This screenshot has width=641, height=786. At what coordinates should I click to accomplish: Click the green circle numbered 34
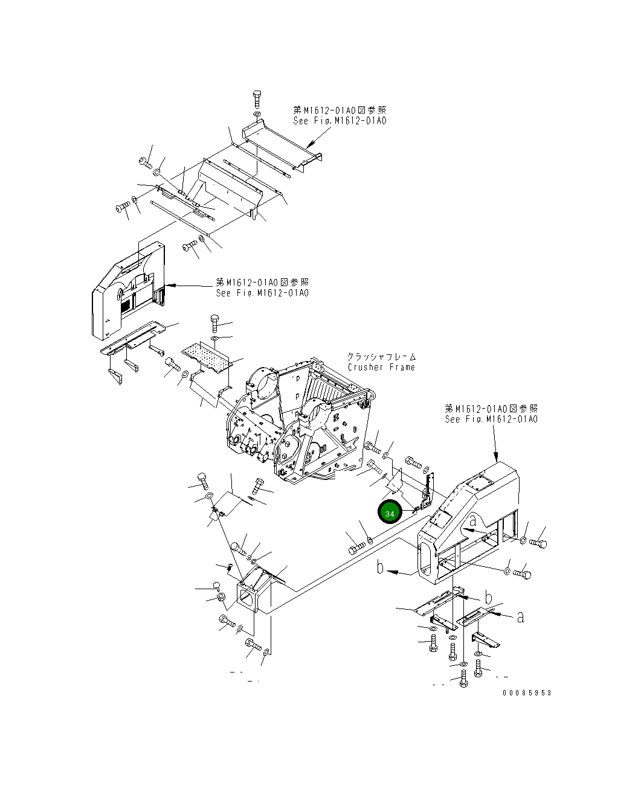tap(390, 513)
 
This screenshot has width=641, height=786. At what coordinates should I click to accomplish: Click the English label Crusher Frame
tap(381, 367)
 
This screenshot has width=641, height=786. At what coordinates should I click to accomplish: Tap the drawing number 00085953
tap(527, 693)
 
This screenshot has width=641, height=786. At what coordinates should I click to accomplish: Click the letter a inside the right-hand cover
tap(473, 520)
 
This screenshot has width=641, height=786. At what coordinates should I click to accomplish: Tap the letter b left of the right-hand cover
tap(381, 567)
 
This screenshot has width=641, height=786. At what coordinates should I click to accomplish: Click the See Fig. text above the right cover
tap(491, 419)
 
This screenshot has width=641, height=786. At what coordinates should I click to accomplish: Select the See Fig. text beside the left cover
tap(262, 293)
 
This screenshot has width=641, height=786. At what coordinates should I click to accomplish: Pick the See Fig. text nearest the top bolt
tap(340, 120)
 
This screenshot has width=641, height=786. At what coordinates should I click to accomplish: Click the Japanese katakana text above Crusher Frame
tap(381, 357)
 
